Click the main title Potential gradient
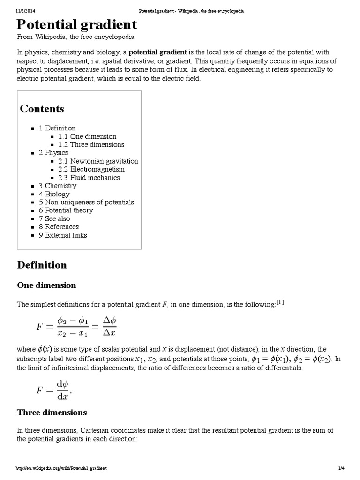[77, 24]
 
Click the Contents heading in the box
[42, 109]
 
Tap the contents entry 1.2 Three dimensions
[91, 144]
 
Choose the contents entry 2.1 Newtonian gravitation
[98, 161]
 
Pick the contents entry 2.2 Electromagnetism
[91, 169]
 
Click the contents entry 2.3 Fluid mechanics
[89, 177]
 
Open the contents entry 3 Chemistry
[57, 186]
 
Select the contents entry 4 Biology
[54, 194]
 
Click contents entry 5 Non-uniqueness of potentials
[86, 202]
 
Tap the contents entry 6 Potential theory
[66, 210]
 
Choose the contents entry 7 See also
[54, 218]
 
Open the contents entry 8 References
[59, 227]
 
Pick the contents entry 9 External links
[63, 235]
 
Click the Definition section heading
[42, 265]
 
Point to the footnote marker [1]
[280, 302]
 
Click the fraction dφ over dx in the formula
[62, 390]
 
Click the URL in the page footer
[61, 468]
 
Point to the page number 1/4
[341, 468]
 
